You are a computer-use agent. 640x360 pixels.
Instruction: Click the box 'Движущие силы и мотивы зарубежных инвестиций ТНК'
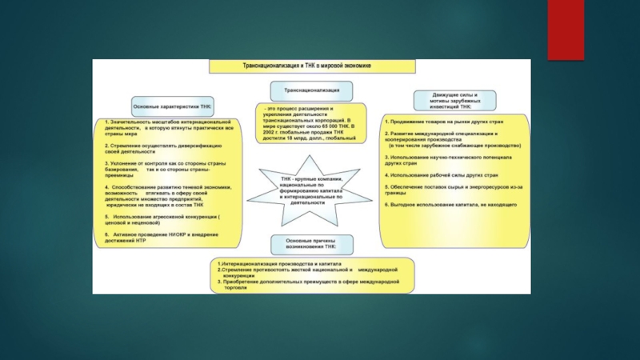[x=454, y=100]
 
